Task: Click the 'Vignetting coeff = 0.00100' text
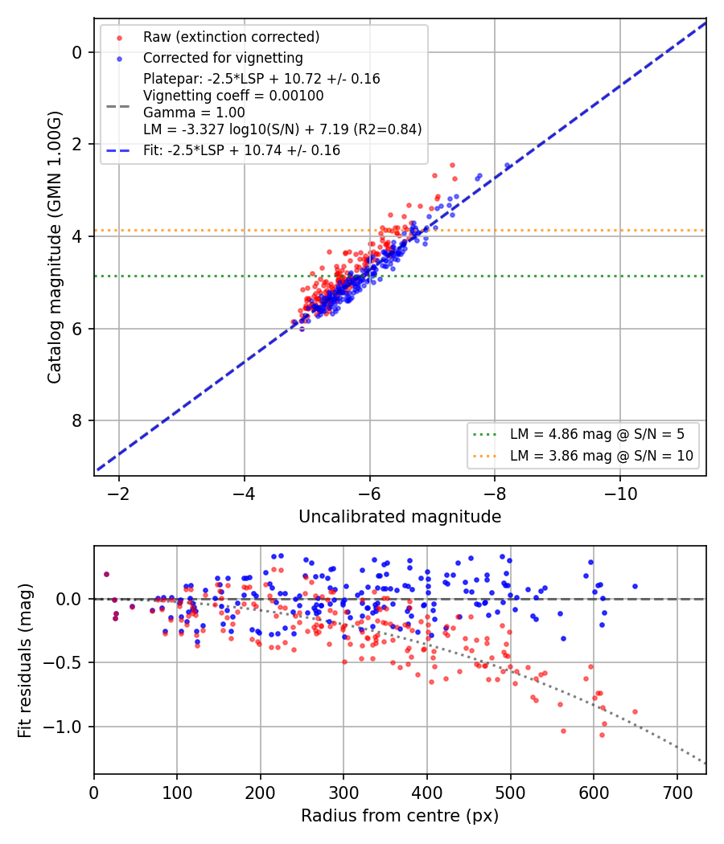click(x=233, y=96)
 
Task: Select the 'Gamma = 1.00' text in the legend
click(x=194, y=113)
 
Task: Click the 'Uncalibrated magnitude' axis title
click(x=400, y=517)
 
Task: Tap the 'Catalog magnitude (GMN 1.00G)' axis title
click(x=55, y=247)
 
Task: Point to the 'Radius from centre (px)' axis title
click(x=400, y=816)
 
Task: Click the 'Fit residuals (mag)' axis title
click(x=25, y=661)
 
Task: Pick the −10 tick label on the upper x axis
click(x=620, y=494)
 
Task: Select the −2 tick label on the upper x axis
click(x=118, y=494)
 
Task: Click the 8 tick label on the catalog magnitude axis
click(x=77, y=420)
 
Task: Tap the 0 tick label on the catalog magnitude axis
click(x=77, y=52)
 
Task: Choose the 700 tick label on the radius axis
click(x=677, y=793)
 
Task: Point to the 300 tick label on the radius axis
click(x=343, y=793)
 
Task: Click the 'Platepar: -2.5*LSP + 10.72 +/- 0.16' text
click(x=261, y=79)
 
